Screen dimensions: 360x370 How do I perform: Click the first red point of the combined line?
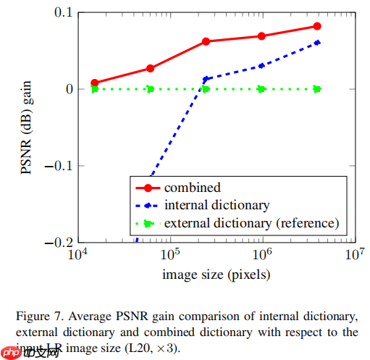click(x=95, y=83)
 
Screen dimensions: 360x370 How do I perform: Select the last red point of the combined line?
click(x=317, y=26)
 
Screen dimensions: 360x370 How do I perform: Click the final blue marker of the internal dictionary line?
click(x=317, y=43)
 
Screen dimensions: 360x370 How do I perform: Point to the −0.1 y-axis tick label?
click(x=55, y=165)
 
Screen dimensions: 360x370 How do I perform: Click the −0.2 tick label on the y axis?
click(x=55, y=242)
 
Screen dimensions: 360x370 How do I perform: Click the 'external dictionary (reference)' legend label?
click(x=251, y=222)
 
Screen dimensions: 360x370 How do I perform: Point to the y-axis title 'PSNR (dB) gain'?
click(x=27, y=127)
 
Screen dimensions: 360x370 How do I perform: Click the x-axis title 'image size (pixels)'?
click(x=216, y=275)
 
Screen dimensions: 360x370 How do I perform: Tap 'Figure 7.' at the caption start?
click(x=37, y=317)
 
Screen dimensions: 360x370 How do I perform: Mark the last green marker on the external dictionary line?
click(x=317, y=89)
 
